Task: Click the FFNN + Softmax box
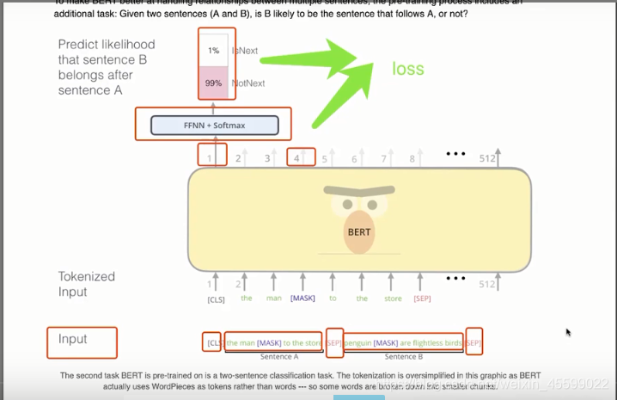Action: (214, 126)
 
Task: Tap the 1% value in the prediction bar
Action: (214, 51)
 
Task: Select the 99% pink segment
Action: (214, 83)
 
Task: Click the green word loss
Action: (408, 69)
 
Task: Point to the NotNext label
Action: (248, 83)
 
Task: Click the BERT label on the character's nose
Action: (359, 231)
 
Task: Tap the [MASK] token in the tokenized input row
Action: (302, 298)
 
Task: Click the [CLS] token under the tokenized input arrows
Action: (216, 299)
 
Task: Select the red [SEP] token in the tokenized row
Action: (422, 298)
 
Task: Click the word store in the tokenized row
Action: (392, 298)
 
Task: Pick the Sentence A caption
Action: (278, 356)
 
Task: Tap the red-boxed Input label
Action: (73, 339)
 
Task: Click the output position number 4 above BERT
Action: (296, 157)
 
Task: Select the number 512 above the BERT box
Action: (487, 157)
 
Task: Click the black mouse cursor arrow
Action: (568, 331)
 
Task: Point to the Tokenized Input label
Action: (86, 284)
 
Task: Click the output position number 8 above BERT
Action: (412, 158)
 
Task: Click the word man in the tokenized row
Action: (273, 298)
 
